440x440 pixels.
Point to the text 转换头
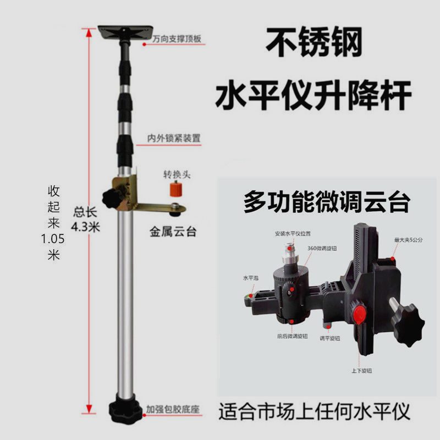click(177, 174)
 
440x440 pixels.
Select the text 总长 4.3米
click(86, 219)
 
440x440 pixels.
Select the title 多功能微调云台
click(327, 202)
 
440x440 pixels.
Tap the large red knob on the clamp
click(360, 315)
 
